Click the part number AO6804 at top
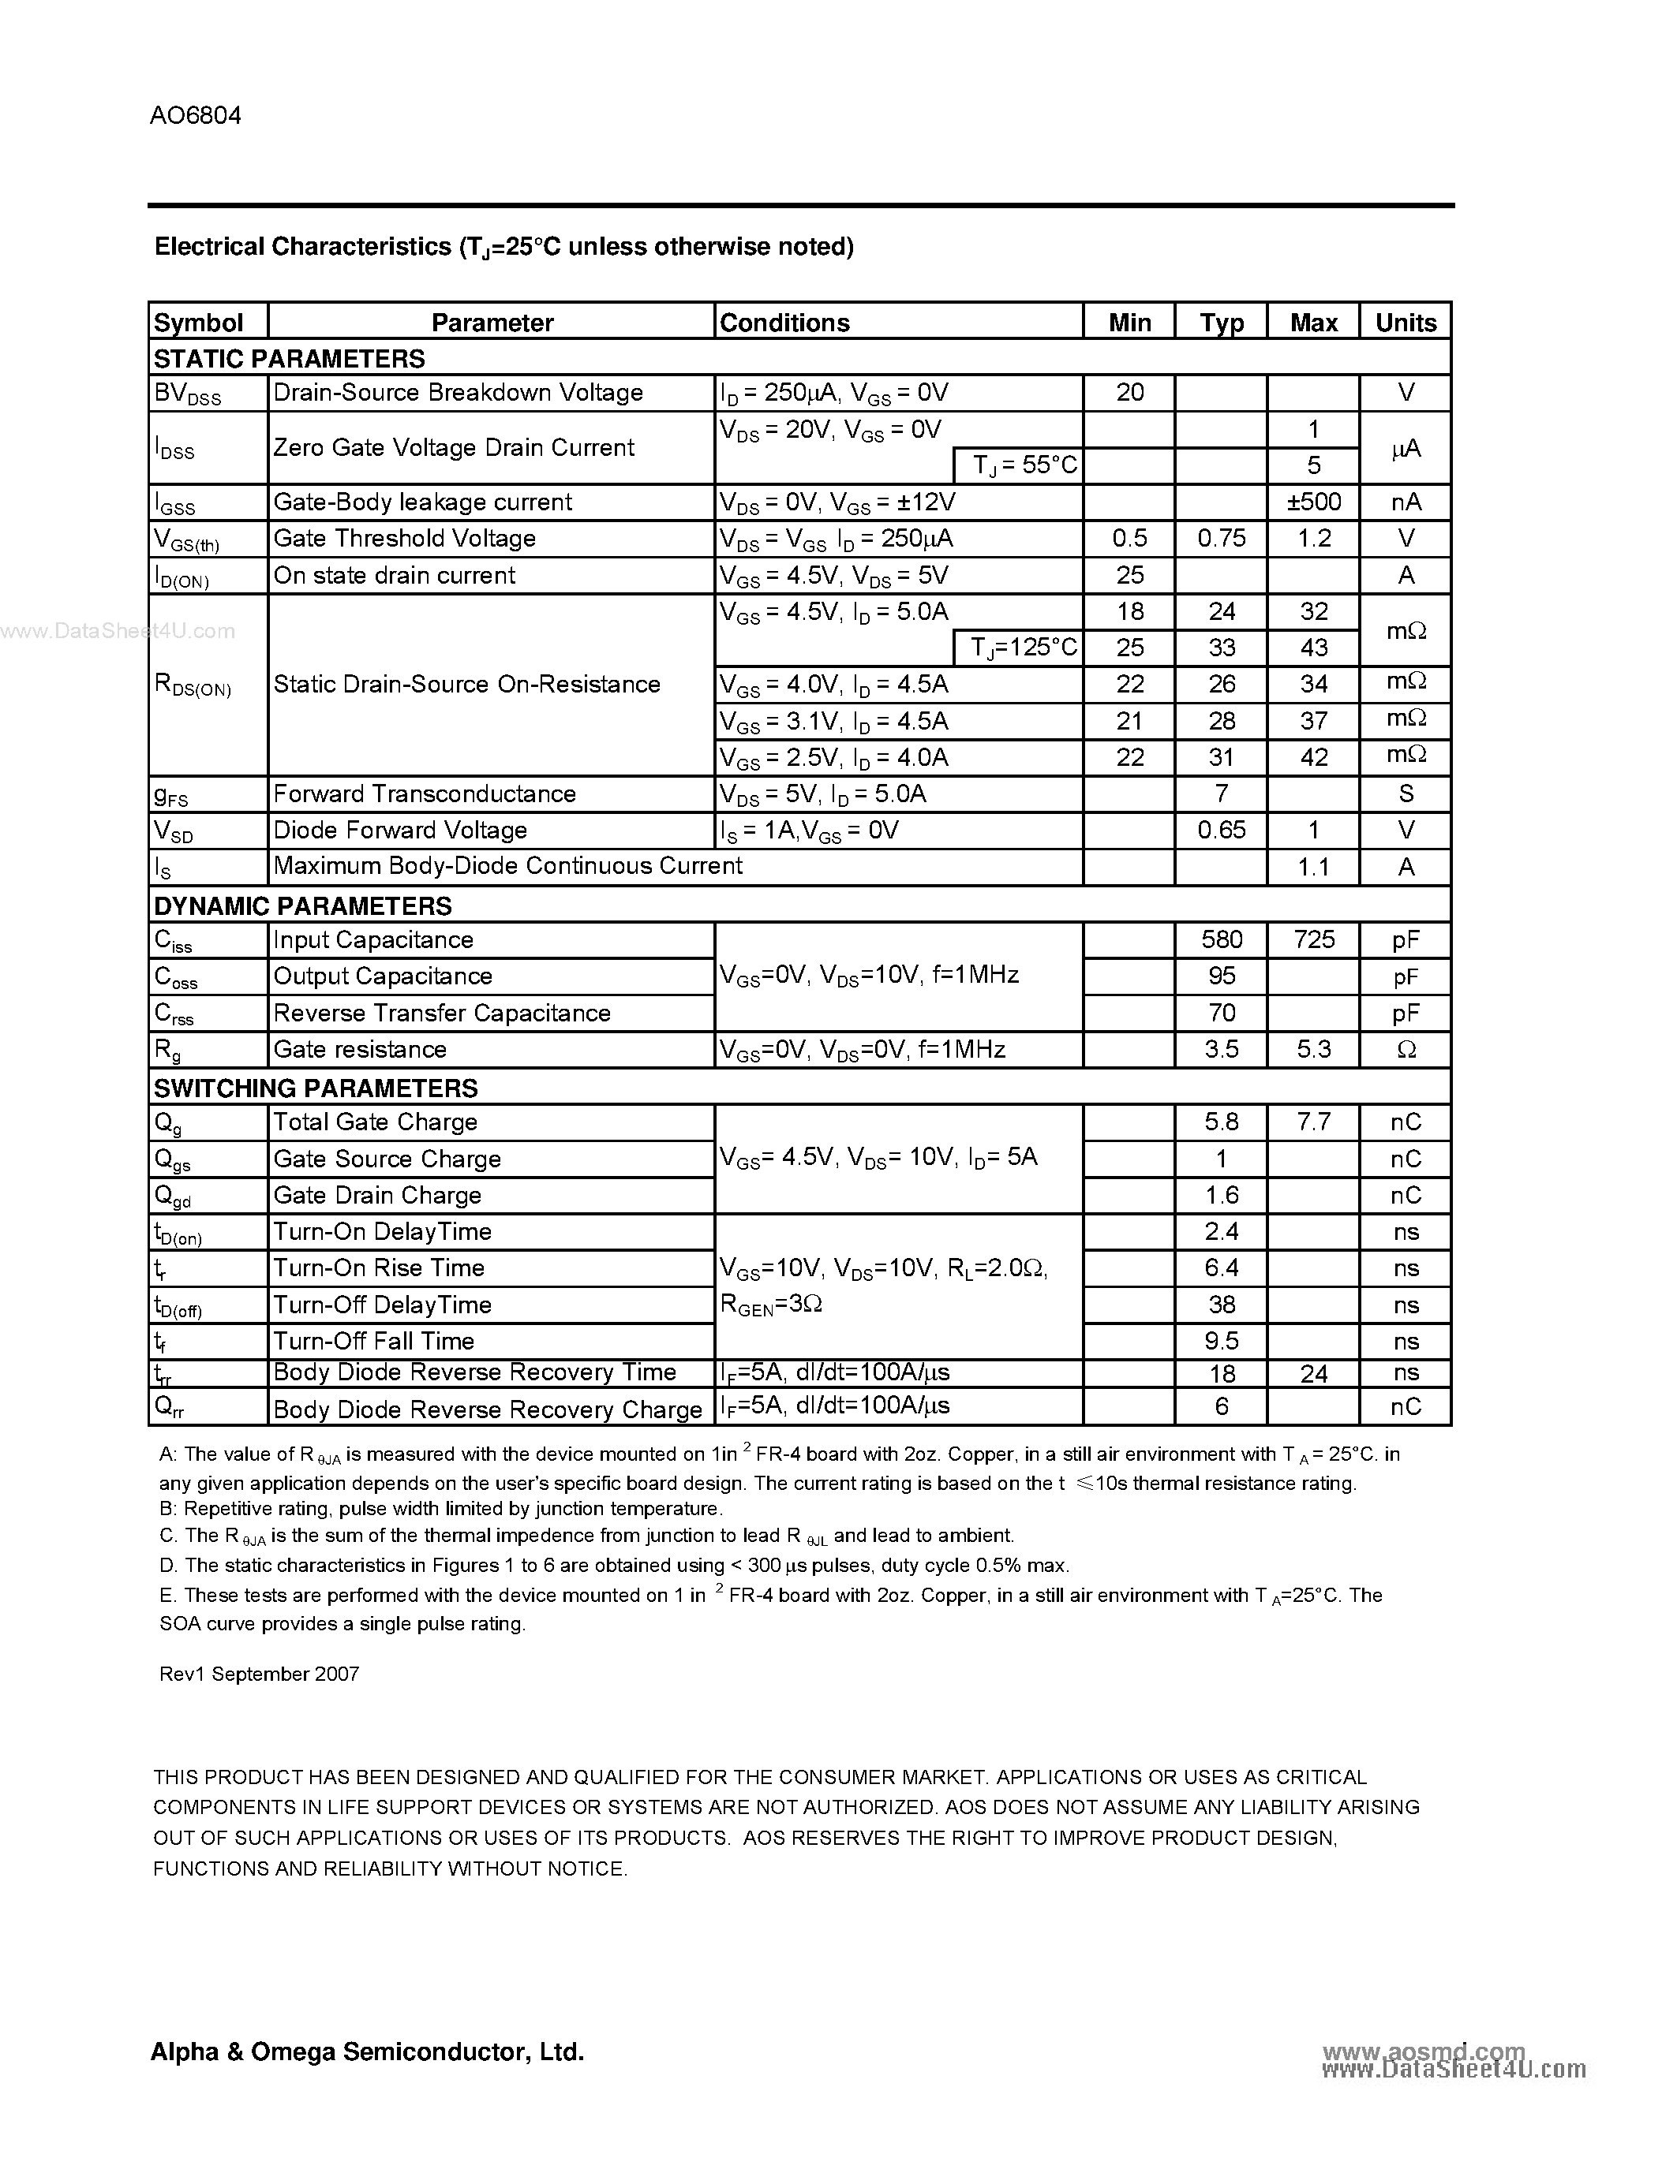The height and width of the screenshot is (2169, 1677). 196,116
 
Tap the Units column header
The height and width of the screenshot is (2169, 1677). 1405,323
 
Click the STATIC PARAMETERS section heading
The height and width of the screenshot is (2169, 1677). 289,359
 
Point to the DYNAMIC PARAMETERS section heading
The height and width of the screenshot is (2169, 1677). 303,905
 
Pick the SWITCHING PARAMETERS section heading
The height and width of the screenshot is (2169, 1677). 316,1088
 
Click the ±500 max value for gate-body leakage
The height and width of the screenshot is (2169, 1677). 1313,502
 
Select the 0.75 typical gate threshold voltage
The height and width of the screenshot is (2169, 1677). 1221,538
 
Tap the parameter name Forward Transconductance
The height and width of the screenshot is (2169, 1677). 425,793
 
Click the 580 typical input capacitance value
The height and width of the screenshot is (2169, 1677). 1221,939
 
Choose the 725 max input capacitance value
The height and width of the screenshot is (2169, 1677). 1313,939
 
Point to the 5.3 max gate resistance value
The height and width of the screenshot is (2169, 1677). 1313,1050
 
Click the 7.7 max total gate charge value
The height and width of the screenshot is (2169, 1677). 1313,1122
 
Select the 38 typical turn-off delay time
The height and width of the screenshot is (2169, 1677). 1221,1305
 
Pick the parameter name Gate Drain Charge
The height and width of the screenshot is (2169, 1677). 376,1196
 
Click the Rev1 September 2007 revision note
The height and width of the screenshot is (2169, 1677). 260,1674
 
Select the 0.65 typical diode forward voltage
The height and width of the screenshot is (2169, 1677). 1221,831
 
